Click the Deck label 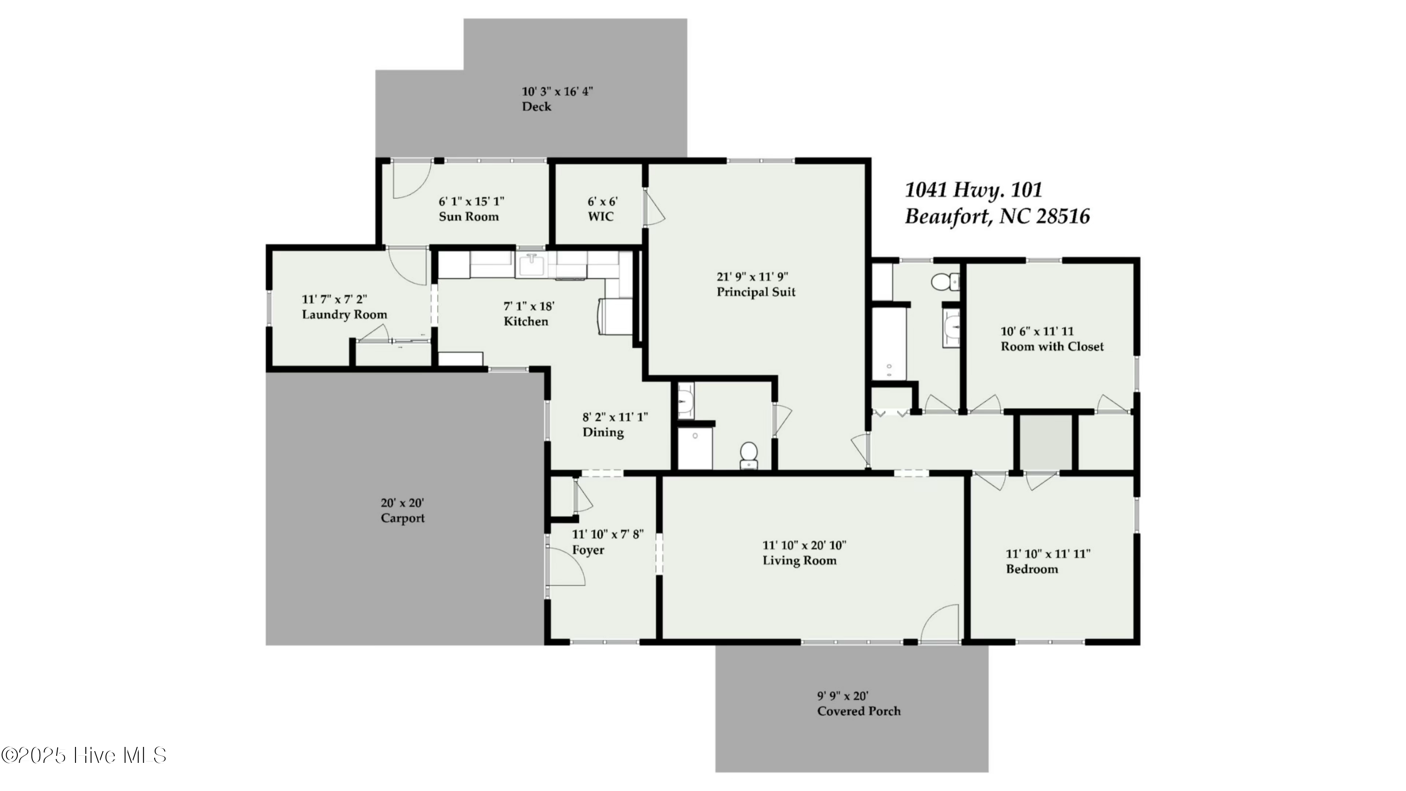click(537, 107)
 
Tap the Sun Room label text click(469, 217)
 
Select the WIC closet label click(600, 217)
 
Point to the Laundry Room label click(344, 315)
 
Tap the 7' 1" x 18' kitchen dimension click(528, 306)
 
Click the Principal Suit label click(756, 292)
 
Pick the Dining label click(603, 432)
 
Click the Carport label click(403, 518)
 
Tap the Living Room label click(800, 561)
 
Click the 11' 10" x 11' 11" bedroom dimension click(1048, 554)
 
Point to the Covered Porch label click(859, 711)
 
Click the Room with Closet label click(1052, 347)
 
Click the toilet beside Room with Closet click(942, 282)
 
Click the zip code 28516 click(1062, 217)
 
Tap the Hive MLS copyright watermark click(84, 755)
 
